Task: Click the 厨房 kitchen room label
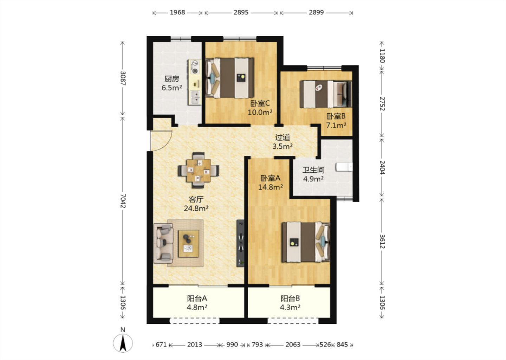coord(172,83)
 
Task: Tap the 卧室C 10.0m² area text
coord(260,108)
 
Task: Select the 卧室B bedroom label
coord(336,121)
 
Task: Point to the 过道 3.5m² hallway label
coord(283,142)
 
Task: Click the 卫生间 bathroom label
coord(313,174)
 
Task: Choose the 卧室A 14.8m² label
coord(271,182)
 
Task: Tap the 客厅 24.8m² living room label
coord(196,204)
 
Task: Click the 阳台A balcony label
coord(197,303)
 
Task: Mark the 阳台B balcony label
coord(290,303)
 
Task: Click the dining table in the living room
coord(199,171)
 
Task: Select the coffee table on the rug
coord(188,244)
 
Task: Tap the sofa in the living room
coord(163,243)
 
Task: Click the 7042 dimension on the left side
coord(123,201)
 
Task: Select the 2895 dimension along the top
coord(241,12)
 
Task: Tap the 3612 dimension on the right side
coord(382,242)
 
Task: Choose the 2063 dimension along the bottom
coord(293,345)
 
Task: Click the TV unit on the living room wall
coord(240,243)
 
